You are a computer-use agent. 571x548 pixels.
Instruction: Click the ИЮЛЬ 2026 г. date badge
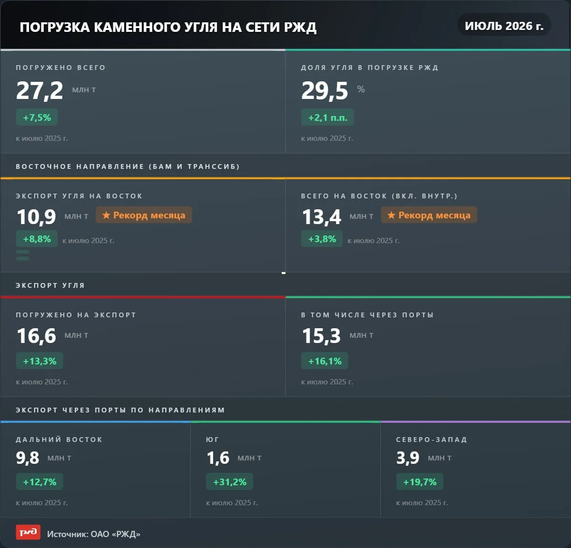tap(504, 26)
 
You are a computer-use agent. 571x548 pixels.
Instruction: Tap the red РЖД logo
tap(28, 532)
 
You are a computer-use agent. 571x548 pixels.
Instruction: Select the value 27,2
tap(39, 91)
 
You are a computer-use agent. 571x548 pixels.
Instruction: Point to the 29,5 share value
tap(325, 91)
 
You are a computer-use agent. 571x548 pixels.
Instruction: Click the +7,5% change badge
tap(37, 117)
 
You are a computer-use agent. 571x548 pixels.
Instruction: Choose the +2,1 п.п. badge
tap(327, 117)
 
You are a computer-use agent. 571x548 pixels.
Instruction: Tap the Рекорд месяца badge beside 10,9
tap(144, 215)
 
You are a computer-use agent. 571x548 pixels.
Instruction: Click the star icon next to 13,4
tap(391, 215)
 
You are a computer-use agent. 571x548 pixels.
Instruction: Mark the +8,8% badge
tap(37, 238)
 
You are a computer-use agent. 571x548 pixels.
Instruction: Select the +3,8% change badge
tap(322, 238)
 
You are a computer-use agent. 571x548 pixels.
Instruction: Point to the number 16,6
tap(36, 336)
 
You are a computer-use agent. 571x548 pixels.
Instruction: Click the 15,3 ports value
tap(322, 336)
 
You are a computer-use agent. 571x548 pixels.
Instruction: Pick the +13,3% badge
tap(39, 361)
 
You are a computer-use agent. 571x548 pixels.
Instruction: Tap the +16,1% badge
tap(325, 361)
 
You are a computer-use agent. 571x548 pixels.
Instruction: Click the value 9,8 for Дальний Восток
tap(28, 458)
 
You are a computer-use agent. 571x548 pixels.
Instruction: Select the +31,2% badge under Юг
tap(229, 482)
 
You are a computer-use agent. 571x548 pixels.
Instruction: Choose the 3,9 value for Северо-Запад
tap(408, 458)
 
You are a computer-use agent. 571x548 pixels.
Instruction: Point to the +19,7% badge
tap(420, 482)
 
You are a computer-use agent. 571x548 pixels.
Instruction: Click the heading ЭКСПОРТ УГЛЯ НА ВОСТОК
tap(79, 196)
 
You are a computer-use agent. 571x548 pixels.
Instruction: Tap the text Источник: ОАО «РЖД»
tap(94, 534)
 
